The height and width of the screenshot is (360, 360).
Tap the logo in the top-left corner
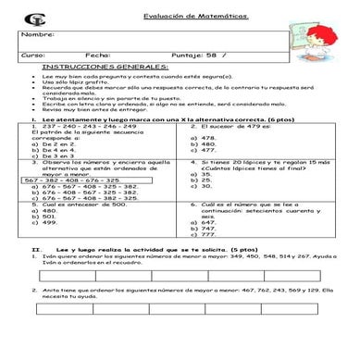[34, 19]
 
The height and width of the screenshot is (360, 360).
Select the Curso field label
[31, 56]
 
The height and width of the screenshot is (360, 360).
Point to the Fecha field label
[97, 56]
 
